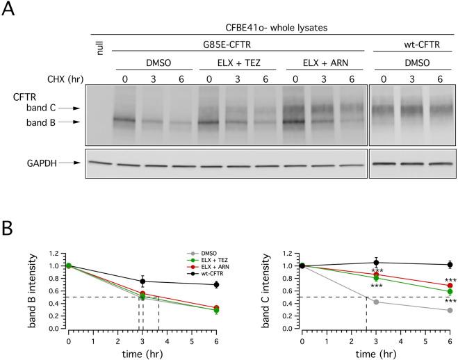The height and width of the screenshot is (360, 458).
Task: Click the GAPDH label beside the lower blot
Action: tap(26, 163)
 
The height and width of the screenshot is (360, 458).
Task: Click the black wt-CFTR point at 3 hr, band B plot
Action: tap(142, 281)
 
